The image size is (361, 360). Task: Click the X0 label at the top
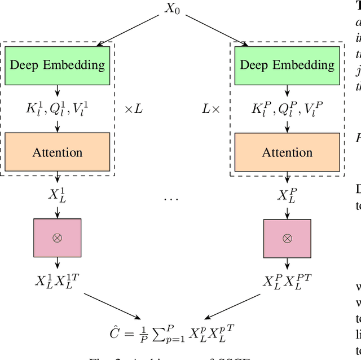[173, 10]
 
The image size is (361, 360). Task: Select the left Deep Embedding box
[58, 65]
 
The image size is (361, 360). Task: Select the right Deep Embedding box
[287, 65]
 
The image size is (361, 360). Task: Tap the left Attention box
[58, 152]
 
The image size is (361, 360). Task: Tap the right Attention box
[287, 152]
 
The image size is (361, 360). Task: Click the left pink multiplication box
[58, 238]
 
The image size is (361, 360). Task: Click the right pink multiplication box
[287, 238]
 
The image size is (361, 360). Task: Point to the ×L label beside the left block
[133, 108]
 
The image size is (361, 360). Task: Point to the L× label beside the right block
[211, 108]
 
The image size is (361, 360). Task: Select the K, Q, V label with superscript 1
[58, 108]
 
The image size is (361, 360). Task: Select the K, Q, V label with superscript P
[287, 108]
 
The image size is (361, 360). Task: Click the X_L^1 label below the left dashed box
[58, 195]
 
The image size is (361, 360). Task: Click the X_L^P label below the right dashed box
[287, 195]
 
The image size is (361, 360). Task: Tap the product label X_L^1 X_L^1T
[58, 280]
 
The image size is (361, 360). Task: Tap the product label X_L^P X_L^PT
[287, 280]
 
